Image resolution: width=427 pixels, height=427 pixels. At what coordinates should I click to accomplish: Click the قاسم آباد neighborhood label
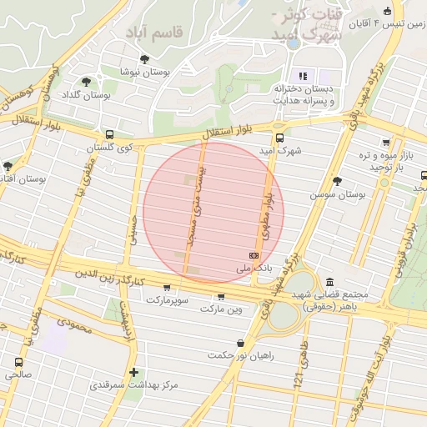pos(158,32)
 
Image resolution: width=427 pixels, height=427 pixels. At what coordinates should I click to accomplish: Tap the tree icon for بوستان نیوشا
pos(145,59)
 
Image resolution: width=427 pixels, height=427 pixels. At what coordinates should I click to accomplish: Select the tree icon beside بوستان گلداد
pos(86,82)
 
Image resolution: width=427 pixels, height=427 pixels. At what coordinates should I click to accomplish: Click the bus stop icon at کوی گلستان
pos(109,134)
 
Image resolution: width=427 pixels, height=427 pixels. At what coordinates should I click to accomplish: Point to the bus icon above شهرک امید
pos(279,138)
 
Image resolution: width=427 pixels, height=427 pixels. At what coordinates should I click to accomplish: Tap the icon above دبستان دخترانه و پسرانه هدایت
pos(303,76)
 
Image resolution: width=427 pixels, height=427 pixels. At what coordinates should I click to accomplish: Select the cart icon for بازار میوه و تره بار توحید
pos(384,143)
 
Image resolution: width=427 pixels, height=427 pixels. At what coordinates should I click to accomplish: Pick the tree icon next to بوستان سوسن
pos(337,181)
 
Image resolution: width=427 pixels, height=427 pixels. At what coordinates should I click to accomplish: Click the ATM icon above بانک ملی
pos(254,255)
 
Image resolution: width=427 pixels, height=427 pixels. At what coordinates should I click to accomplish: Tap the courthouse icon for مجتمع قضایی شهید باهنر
pos(331,282)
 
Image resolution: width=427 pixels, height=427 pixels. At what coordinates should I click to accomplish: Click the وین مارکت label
pos(221,309)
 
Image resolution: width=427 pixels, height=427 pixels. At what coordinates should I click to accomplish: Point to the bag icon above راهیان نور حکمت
pos(240,343)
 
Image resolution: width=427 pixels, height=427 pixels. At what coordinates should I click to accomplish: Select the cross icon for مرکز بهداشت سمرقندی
pos(133,372)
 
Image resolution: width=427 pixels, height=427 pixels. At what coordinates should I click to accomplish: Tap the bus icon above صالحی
pos(19,362)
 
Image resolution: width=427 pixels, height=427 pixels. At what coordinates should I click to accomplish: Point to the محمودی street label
pos(73,323)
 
